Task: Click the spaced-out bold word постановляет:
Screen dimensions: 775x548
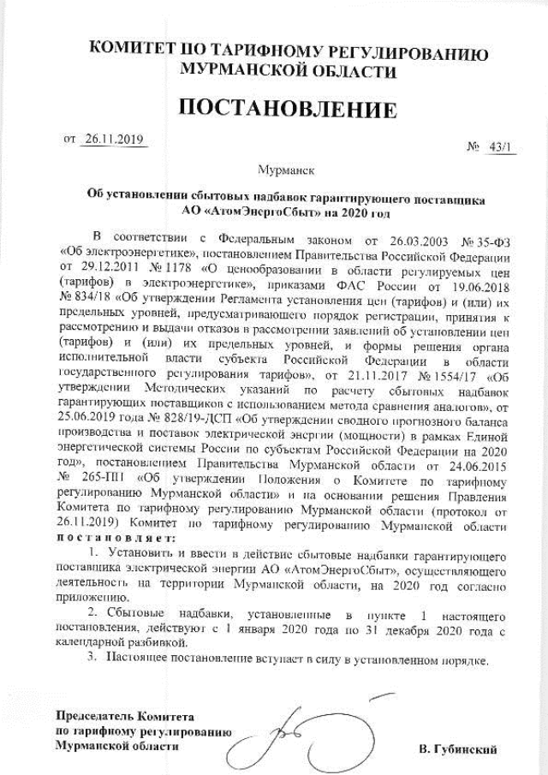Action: tap(116, 539)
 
